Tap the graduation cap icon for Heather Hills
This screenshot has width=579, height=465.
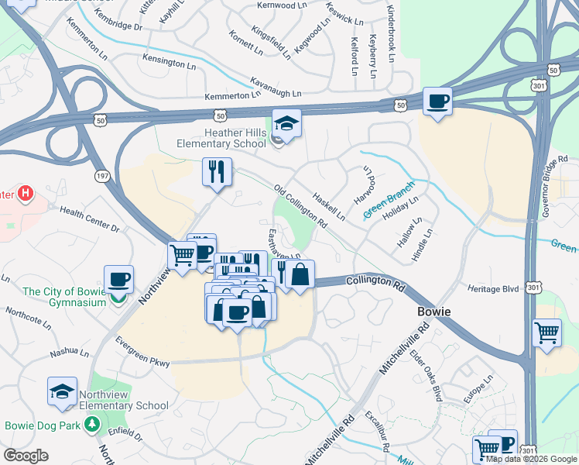click(x=286, y=124)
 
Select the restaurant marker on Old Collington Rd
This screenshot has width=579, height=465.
click(x=217, y=171)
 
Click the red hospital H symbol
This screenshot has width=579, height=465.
click(x=26, y=193)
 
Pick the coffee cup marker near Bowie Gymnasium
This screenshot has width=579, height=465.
click(x=118, y=279)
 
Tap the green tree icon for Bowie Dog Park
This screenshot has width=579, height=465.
click(x=92, y=424)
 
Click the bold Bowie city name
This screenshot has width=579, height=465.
click(x=433, y=311)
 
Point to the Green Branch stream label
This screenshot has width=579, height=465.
click(x=389, y=200)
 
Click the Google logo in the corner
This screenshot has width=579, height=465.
click(x=25, y=456)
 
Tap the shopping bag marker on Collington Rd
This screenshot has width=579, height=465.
click(x=300, y=274)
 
